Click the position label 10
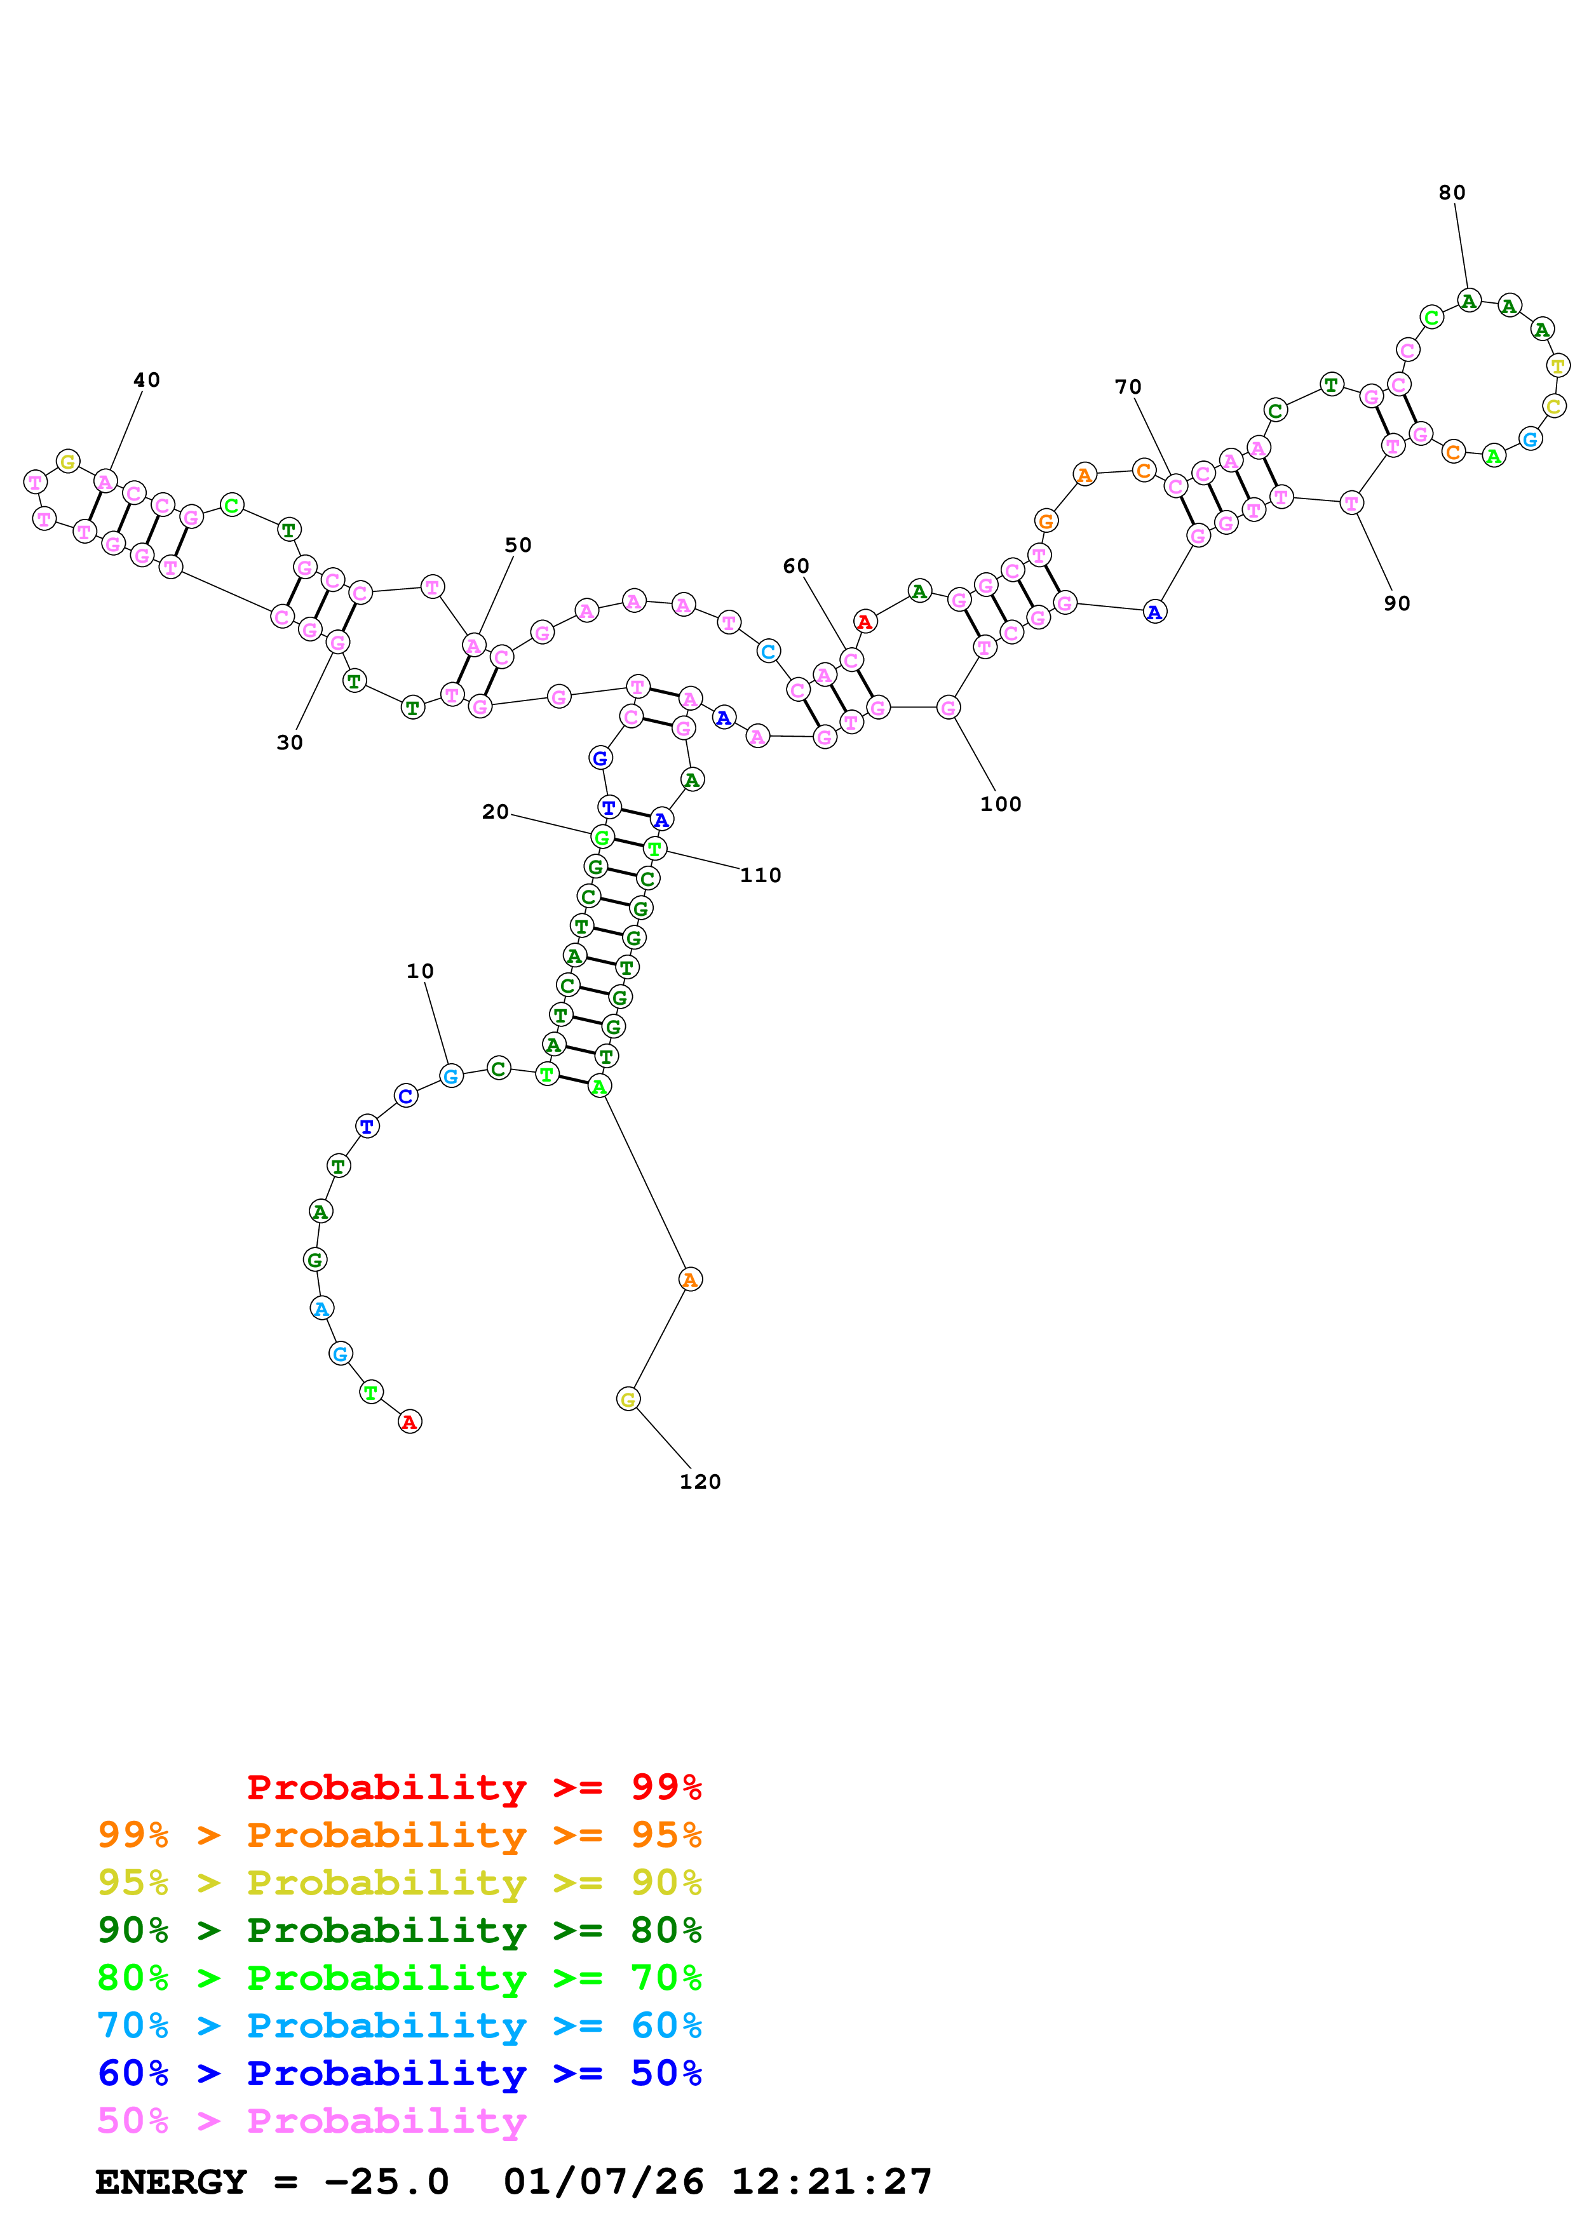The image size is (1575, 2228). click(419, 971)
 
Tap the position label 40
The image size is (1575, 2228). click(147, 380)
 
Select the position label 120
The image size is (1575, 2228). click(700, 1482)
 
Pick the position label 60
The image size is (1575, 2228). click(795, 567)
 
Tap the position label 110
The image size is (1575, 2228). click(760, 875)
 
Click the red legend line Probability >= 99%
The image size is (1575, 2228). click(473, 1787)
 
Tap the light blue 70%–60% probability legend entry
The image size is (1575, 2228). click(399, 2025)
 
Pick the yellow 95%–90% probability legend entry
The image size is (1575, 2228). click(399, 1882)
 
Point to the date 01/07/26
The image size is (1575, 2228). click(603, 2182)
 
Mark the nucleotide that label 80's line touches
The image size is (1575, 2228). click(1470, 301)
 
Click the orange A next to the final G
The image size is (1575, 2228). click(690, 1279)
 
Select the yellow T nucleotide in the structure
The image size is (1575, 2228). click(1558, 366)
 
